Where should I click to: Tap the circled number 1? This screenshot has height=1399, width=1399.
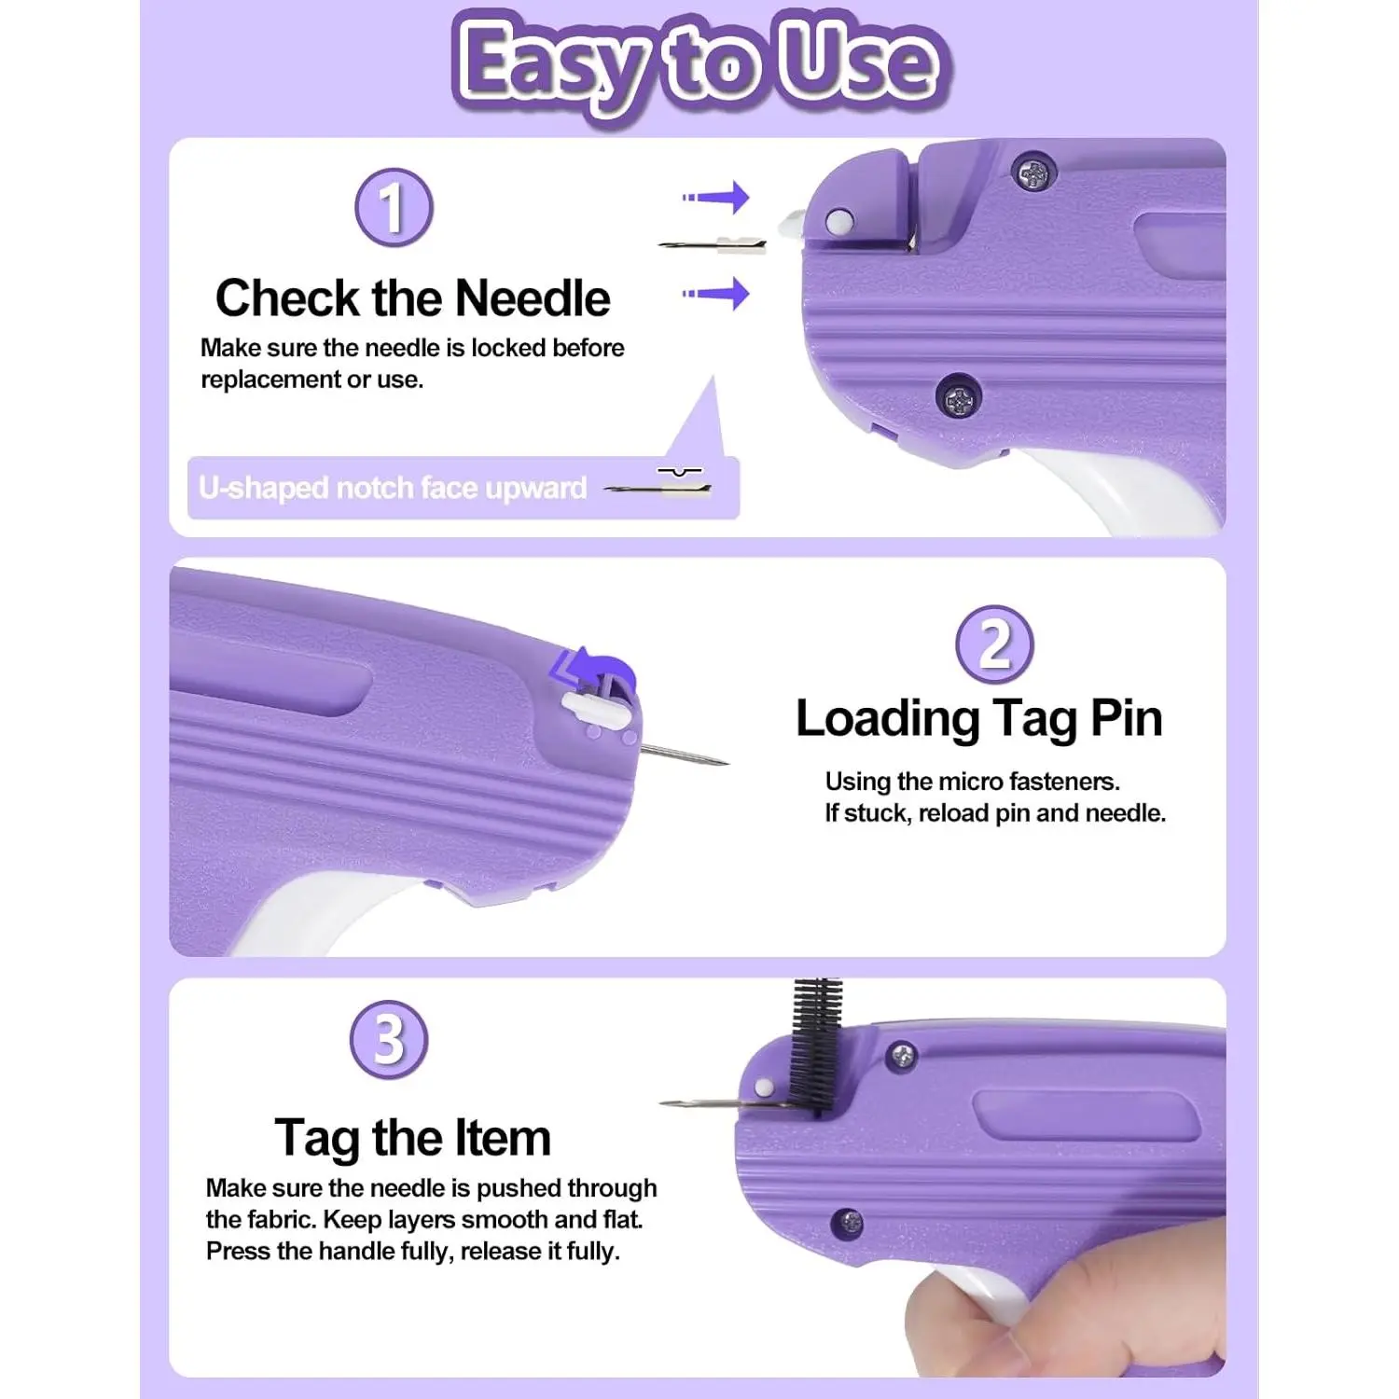pyautogui.click(x=394, y=207)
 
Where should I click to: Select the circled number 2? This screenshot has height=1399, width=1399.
pyautogui.click(x=994, y=644)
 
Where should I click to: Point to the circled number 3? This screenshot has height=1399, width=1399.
pyautogui.click(x=389, y=1039)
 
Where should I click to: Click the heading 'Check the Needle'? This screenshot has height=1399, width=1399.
pyautogui.click(x=412, y=298)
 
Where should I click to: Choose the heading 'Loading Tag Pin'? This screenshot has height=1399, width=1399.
pyautogui.click(x=979, y=719)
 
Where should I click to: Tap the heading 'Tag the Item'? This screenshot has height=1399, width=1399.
pyautogui.click(x=412, y=1138)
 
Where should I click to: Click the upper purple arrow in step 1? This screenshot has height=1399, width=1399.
pyautogui.click(x=716, y=197)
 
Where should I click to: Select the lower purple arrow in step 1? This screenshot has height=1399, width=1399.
pyautogui.click(x=716, y=293)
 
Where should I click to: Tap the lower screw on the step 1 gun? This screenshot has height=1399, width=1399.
pyautogui.click(x=959, y=400)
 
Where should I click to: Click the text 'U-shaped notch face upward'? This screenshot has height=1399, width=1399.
pyautogui.click(x=393, y=488)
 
